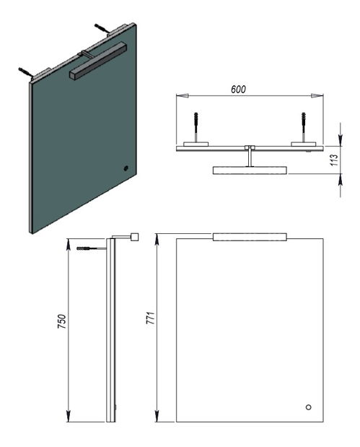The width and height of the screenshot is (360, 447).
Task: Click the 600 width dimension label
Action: [x=238, y=90]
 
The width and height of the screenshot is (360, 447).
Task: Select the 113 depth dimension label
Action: [x=334, y=160]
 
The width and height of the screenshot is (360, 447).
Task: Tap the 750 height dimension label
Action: [x=62, y=321]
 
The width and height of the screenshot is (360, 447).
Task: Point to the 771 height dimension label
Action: [x=150, y=318]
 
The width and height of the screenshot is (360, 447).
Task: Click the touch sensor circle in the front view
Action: [x=308, y=407]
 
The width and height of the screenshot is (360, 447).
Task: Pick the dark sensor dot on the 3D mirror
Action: [x=126, y=168]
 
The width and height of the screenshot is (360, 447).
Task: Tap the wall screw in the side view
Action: [x=91, y=248]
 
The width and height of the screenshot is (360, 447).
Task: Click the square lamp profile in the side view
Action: [x=134, y=237]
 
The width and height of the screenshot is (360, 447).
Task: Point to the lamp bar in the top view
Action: [x=250, y=170]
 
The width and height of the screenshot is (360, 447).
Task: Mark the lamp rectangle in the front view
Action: [x=250, y=237]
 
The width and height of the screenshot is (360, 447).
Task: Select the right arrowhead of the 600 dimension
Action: [x=317, y=96]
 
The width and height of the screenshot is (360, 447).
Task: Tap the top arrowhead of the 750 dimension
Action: [x=69, y=245]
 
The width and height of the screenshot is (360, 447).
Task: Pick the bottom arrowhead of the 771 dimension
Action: [x=157, y=416]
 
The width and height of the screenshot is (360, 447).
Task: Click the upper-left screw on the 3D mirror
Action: [x=26, y=71]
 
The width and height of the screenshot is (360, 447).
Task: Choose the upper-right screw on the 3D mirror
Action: [x=102, y=28]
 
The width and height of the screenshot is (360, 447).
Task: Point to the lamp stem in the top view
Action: [x=250, y=157]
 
